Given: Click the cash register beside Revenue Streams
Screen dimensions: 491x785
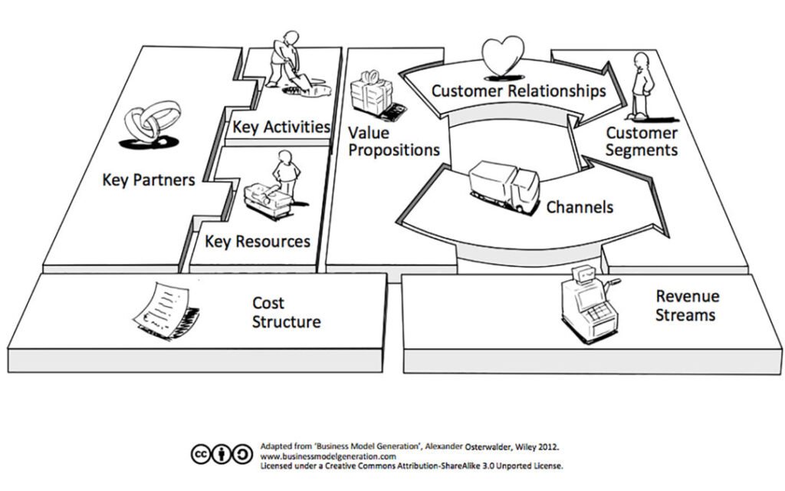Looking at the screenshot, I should pyautogui.click(x=587, y=303).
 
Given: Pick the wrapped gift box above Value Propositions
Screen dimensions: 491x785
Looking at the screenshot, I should pyautogui.click(x=371, y=97).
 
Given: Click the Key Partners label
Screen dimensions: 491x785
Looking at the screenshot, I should pyautogui.click(x=148, y=180).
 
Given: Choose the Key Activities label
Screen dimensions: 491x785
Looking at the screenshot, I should pyautogui.click(x=281, y=126).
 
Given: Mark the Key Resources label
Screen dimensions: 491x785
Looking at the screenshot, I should pyautogui.click(x=258, y=241).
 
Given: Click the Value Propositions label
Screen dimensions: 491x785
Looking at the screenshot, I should pyautogui.click(x=393, y=141).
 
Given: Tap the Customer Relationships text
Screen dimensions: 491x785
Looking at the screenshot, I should pyautogui.click(x=518, y=91).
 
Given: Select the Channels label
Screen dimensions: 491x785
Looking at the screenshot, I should pyautogui.click(x=580, y=207).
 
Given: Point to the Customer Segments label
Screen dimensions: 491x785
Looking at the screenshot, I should pyautogui.click(x=642, y=141).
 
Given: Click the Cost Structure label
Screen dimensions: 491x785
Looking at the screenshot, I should pyautogui.click(x=286, y=312).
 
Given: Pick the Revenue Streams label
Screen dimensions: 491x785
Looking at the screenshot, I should pyautogui.click(x=686, y=305).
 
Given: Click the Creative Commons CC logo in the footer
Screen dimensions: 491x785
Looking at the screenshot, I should pyautogui.click(x=201, y=454).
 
